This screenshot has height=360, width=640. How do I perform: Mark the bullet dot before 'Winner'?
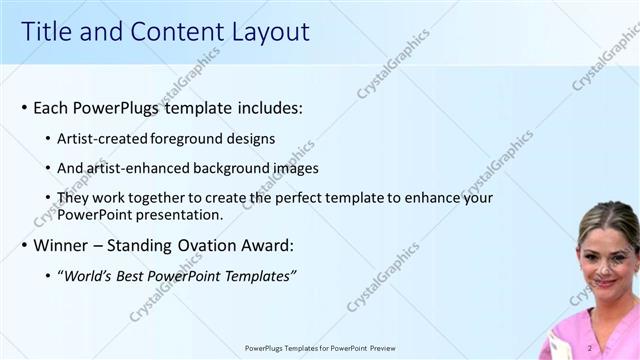pyautogui.click(x=24, y=245)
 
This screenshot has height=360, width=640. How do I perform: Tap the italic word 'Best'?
pyautogui.click(x=132, y=276)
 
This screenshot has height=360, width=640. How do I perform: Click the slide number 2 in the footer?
pyautogui.click(x=590, y=348)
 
